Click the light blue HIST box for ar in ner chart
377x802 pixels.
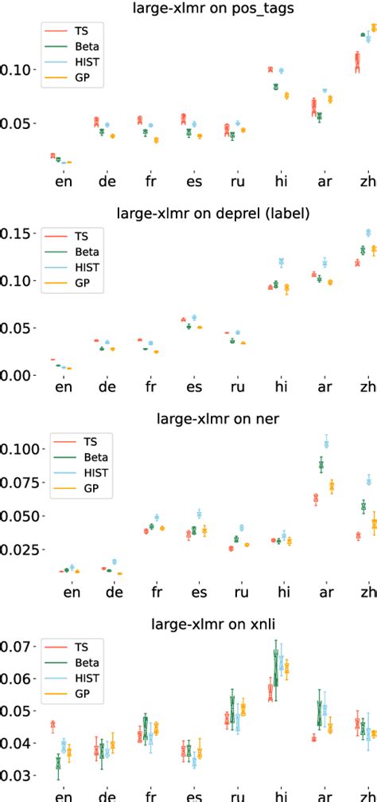(326, 440)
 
